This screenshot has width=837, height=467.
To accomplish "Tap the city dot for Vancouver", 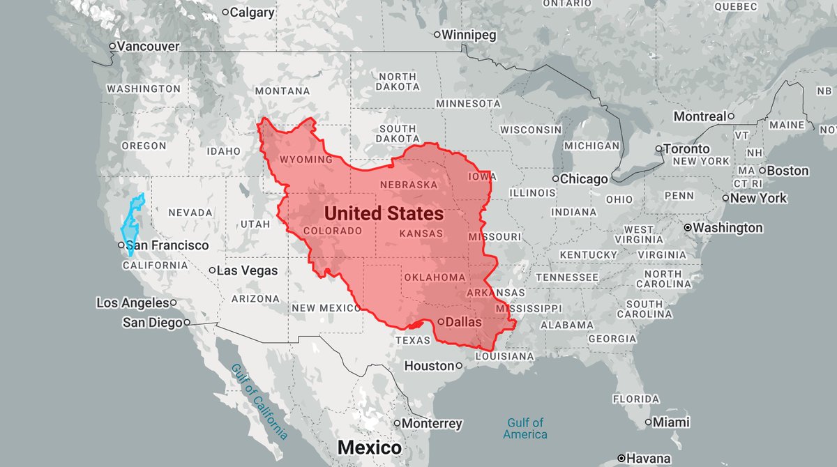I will click(112, 47).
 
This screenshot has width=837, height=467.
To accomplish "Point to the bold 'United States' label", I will click(384, 213).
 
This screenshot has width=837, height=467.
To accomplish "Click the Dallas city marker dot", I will click(441, 321).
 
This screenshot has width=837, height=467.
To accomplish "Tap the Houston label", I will click(429, 365).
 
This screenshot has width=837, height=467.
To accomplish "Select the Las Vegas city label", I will click(247, 270).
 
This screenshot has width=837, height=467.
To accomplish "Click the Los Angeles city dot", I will click(173, 303).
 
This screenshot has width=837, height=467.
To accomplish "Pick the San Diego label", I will click(152, 323).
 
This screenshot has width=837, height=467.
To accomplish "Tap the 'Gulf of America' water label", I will click(525, 428).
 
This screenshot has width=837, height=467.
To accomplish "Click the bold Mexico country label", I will click(370, 447).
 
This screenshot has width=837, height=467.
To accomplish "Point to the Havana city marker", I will click(621, 459).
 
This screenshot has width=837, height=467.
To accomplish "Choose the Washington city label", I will click(729, 228).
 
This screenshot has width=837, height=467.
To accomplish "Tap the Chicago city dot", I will click(555, 179).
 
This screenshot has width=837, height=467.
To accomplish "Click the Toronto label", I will click(686, 148).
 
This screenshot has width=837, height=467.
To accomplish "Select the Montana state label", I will click(282, 91).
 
